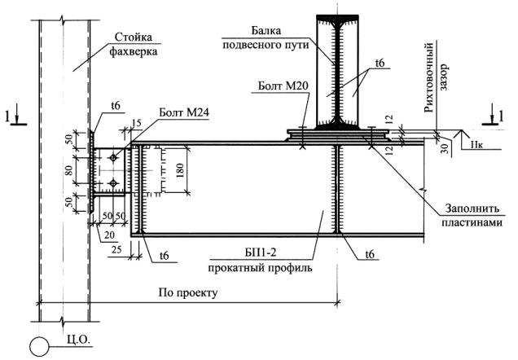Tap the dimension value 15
coord(135,123)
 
